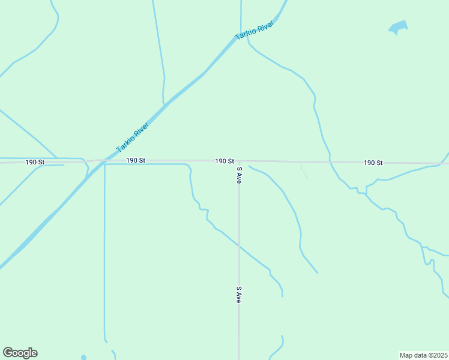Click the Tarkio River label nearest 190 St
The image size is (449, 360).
[132, 137]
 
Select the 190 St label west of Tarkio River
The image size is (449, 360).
[35, 162]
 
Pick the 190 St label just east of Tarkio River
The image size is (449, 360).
[136, 160]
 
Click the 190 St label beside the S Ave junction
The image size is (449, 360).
[224, 161]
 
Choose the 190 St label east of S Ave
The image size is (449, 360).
[373, 163]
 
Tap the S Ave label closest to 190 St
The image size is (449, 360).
[239, 175]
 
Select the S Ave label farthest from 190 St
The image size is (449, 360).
[239, 294]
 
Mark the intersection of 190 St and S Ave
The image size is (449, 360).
[239, 161]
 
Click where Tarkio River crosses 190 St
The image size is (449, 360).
[102, 160]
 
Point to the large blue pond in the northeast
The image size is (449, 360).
[398, 27]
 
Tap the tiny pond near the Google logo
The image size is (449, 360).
[83, 358]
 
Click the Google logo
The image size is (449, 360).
[20, 353]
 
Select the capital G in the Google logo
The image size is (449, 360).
[8, 353]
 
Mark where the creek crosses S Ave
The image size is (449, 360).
[239, 246]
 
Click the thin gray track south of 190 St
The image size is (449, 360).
[304, 173]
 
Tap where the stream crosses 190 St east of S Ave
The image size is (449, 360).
[330, 162]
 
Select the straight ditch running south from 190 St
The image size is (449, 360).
[104, 252]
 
